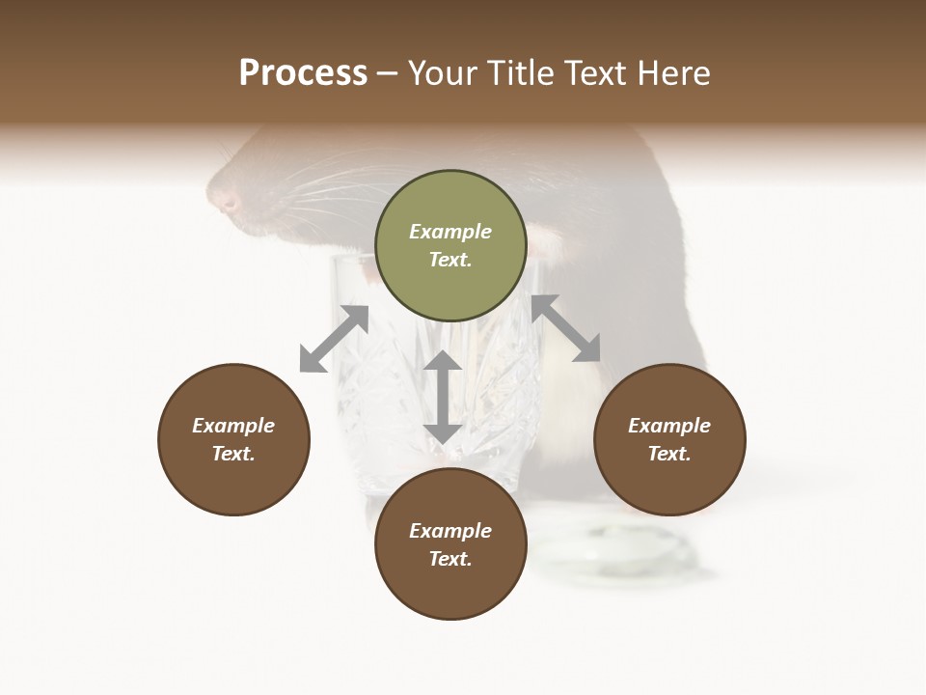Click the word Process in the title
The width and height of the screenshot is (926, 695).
(303, 73)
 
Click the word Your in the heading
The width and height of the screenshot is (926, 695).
(441, 73)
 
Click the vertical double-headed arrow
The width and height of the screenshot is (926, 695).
(443, 397)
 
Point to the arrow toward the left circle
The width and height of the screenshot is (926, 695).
(334, 339)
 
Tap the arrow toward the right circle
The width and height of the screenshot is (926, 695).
(566, 328)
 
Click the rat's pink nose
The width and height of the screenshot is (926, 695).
(230, 202)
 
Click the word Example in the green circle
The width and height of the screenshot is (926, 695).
(450, 232)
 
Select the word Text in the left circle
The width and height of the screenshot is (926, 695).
(233, 454)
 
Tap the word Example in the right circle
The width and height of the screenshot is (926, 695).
(669, 426)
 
